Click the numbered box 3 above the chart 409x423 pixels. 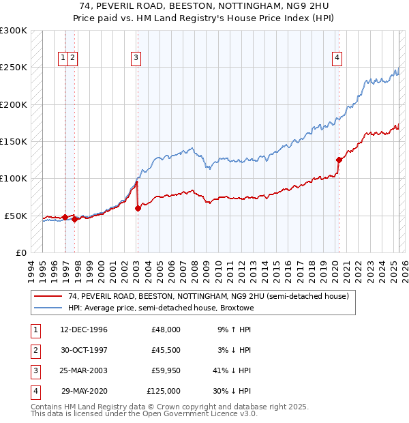pyautogui.click(x=136, y=59)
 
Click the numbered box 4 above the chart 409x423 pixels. pyautogui.click(x=337, y=59)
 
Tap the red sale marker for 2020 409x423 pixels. pyautogui.click(x=339, y=160)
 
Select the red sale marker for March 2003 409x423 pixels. pyautogui.click(x=138, y=208)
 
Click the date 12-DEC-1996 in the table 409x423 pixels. pyautogui.click(x=84, y=330)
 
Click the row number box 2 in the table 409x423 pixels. pyautogui.click(x=35, y=350)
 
